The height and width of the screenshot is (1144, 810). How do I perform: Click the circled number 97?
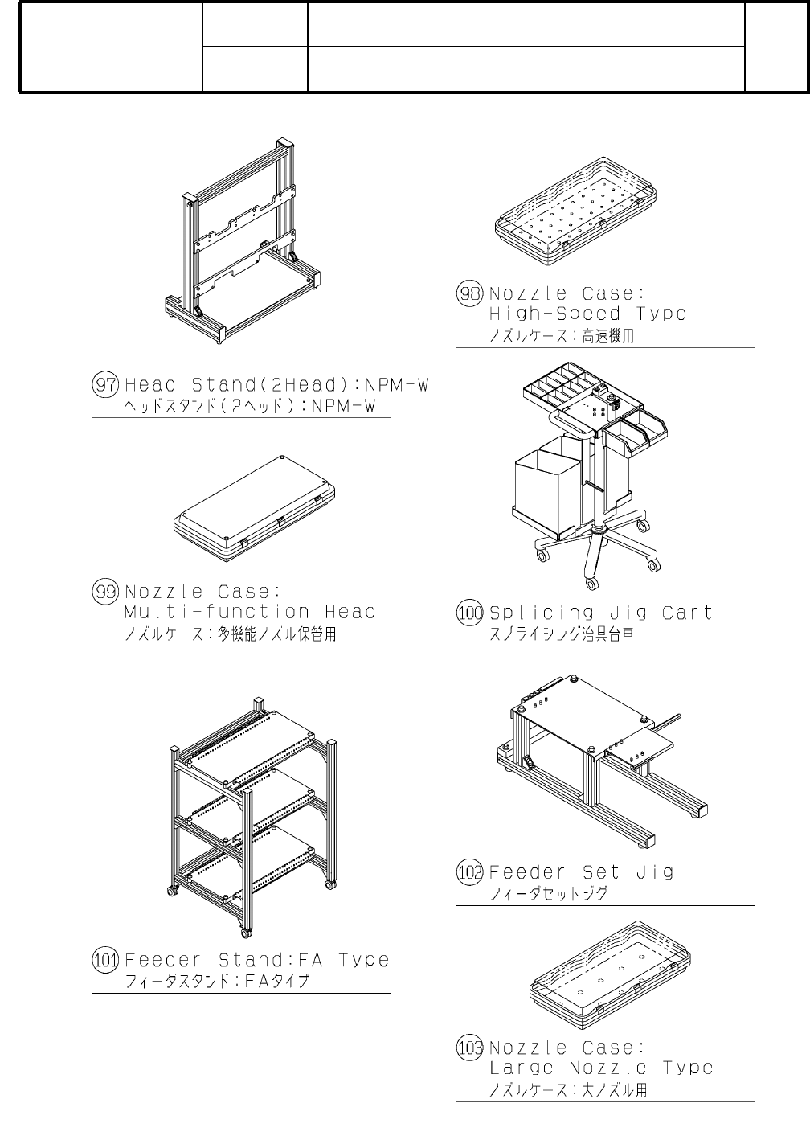click(x=105, y=385)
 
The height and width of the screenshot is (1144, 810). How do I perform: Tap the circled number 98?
click(x=469, y=293)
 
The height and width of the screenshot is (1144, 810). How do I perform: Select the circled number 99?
click(x=105, y=593)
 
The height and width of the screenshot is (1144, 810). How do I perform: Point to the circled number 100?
click(x=470, y=613)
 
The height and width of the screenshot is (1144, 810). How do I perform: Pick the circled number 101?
click(x=105, y=960)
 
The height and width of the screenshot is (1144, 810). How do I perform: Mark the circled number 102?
click(x=470, y=872)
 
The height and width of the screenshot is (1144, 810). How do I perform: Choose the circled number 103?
click(x=470, y=1048)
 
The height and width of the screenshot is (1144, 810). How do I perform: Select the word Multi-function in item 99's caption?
click(x=217, y=613)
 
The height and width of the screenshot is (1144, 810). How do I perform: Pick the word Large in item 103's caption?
click(x=522, y=1068)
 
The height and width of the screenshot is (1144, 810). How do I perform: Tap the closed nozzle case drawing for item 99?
click(x=254, y=506)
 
